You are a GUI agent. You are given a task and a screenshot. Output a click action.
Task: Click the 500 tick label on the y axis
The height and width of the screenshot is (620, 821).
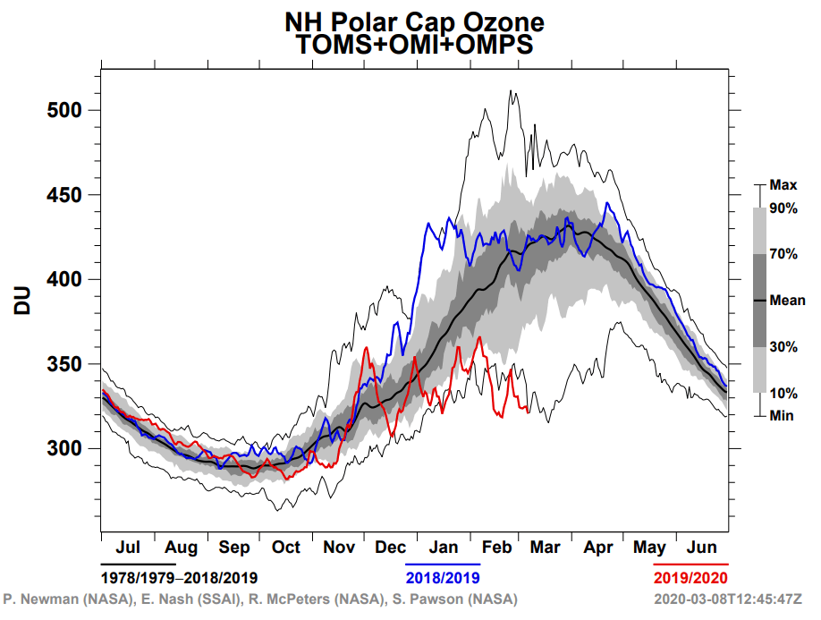click(x=64, y=110)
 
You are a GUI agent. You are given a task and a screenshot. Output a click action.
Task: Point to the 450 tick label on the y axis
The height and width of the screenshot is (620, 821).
click(x=64, y=195)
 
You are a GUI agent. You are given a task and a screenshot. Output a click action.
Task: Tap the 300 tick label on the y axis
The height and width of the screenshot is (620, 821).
click(x=64, y=448)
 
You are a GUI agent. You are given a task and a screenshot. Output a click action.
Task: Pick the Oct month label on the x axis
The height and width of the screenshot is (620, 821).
click(x=286, y=547)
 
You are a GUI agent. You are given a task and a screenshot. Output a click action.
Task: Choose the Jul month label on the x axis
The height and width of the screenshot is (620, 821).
click(x=128, y=547)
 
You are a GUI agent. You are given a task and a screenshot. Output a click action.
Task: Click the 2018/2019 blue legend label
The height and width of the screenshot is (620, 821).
click(x=444, y=577)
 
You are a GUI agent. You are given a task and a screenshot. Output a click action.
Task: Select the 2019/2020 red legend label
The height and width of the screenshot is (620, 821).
click(x=691, y=577)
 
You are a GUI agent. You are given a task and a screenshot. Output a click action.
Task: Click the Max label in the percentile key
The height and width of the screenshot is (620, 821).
click(x=783, y=185)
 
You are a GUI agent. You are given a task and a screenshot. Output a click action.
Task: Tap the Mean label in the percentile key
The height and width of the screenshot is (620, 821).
click(x=787, y=301)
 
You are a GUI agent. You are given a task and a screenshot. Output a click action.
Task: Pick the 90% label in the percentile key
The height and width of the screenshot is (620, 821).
click(x=783, y=208)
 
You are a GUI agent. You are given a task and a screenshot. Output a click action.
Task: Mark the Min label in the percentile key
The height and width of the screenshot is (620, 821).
click(x=782, y=416)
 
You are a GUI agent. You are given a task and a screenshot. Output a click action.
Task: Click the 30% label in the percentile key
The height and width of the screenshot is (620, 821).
click(x=783, y=347)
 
